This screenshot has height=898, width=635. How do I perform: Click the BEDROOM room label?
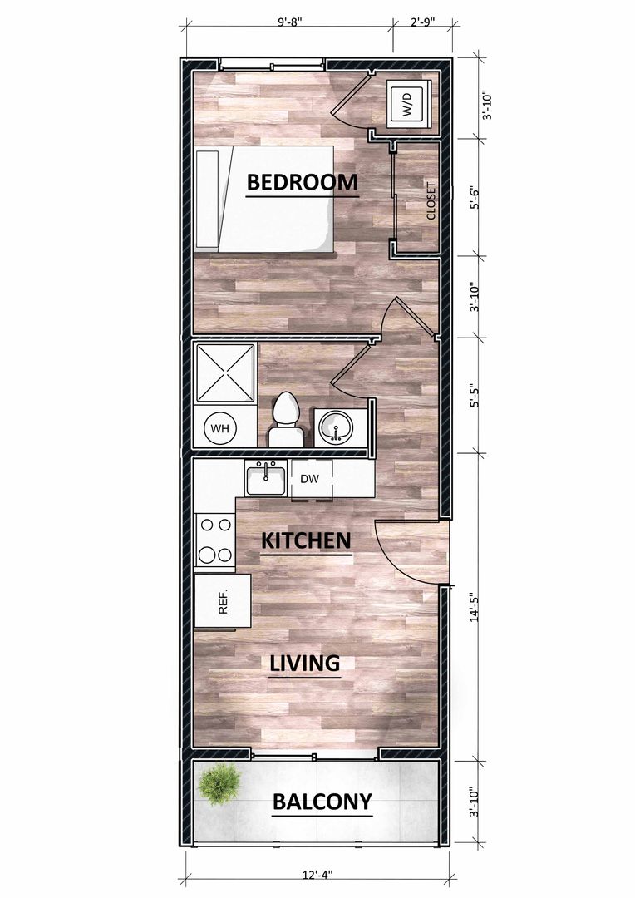(x=303, y=182)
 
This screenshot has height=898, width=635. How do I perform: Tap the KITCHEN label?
(x=306, y=540)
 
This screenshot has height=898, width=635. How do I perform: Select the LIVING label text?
(x=304, y=664)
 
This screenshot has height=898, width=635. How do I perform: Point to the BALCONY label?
(x=322, y=802)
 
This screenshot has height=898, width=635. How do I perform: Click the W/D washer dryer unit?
(x=408, y=104)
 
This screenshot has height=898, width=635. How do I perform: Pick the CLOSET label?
(x=431, y=201)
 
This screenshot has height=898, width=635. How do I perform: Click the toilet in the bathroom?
(x=286, y=421)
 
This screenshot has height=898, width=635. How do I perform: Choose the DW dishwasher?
(x=310, y=480)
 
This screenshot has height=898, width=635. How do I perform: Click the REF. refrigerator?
(x=222, y=601)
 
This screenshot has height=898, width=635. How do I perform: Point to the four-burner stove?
(x=214, y=540)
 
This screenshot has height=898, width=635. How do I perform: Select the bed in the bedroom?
(x=264, y=199)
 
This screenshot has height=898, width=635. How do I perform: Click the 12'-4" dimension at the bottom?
(x=317, y=875)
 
